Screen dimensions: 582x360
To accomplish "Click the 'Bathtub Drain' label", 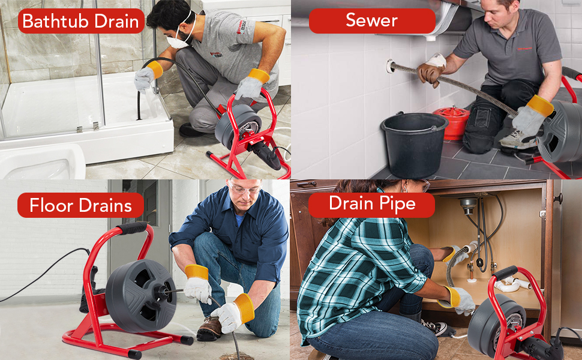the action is (x=80, y=21).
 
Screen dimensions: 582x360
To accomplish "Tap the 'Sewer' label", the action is (x=372, y=20).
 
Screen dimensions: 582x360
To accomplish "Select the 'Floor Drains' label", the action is (x=80, y=205).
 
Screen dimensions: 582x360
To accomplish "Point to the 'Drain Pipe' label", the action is (x=371, y=204).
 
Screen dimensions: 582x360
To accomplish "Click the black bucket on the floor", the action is (x=413, y=144).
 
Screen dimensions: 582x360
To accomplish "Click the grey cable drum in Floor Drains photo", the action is (x=141, y=295).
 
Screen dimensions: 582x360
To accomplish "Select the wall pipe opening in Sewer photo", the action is (x=390, y=67).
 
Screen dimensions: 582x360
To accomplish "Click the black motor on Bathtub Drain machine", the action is (x=265, y=152).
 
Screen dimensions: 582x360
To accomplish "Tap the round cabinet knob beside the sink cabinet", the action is (x=557, y=198).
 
